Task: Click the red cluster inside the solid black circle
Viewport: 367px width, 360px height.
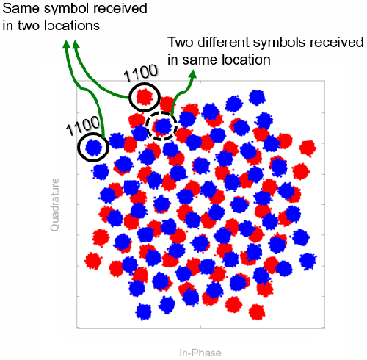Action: pos(144,96)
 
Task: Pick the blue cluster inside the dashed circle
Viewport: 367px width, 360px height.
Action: pos(163,126)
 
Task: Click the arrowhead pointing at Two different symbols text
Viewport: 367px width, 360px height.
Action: pos(193,74)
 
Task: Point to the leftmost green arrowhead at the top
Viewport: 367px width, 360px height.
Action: pos(67,45)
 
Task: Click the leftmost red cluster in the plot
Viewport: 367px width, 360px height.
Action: pos(92,260)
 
